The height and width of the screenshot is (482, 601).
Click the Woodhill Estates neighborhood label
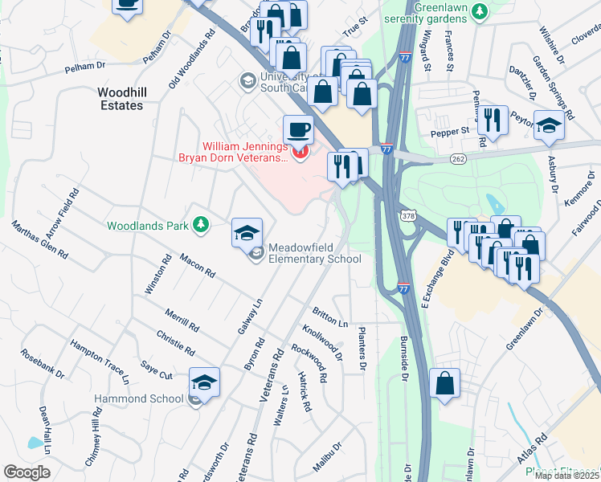(x=122, y=98)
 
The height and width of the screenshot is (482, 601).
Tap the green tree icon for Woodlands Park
(x=202, y=225)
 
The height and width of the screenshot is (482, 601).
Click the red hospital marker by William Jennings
(x=300, y=152)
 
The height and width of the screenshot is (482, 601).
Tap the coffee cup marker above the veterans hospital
(x=298, y=129)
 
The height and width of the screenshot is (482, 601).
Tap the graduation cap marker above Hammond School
(x=204, y=382)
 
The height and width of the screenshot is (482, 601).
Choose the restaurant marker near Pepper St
(x=492, y=120)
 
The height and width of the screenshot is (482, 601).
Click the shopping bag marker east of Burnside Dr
(x=445, y=384)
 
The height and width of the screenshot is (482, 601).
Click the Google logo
(x=27, y=472)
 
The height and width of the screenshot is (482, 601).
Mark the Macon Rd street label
(x=197, y=267)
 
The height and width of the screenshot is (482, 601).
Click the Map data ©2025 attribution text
(x=567, y=476)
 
